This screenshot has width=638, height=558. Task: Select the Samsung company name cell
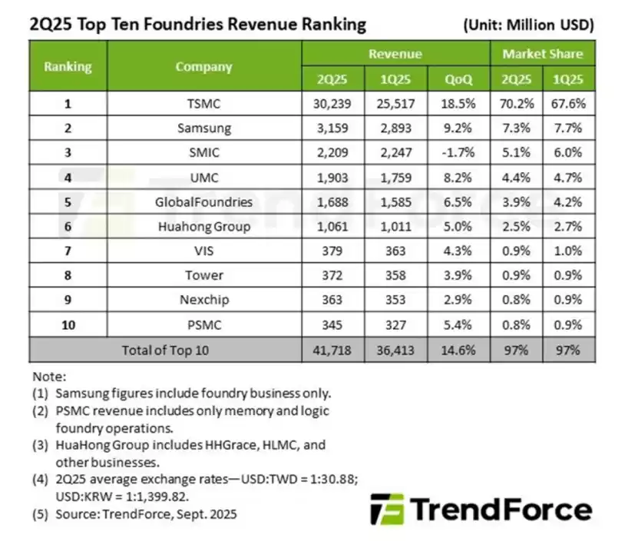[x=203, y=128]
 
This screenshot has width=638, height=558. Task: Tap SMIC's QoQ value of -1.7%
[x=458, y=153]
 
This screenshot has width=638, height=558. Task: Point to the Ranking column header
[x=68, y=66]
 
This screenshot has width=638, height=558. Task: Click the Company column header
[x=203, y=66]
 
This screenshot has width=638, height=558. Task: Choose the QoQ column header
[x=458, y=79]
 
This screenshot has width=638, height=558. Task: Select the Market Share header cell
[x=543, y=54]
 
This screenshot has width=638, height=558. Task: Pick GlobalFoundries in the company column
[x=203, y=202]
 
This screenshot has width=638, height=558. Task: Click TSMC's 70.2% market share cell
[x=516, y=104]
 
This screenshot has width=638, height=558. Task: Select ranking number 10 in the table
[x=68, y=325]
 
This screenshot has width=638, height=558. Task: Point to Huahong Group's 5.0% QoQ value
[x=458, y=227]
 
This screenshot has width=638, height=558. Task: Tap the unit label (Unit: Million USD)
[x=529, y=25]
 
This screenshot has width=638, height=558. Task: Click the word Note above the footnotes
[x=49, y=377]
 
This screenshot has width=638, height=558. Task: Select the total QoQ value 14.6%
[x=458, y=350]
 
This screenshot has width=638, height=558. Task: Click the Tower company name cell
[x=203, y=276]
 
